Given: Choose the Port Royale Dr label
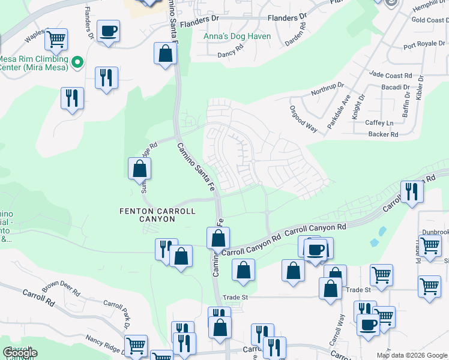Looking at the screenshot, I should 425,45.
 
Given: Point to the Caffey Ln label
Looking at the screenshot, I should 379,123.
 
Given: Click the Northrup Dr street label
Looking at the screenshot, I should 327,90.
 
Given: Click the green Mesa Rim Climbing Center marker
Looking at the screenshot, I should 77,62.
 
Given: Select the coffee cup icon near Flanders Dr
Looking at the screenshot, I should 108,31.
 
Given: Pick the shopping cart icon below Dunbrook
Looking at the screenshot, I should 430,246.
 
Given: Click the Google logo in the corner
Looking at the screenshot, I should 20,353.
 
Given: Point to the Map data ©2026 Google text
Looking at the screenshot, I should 411,355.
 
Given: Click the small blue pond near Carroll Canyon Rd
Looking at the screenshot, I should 375,242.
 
